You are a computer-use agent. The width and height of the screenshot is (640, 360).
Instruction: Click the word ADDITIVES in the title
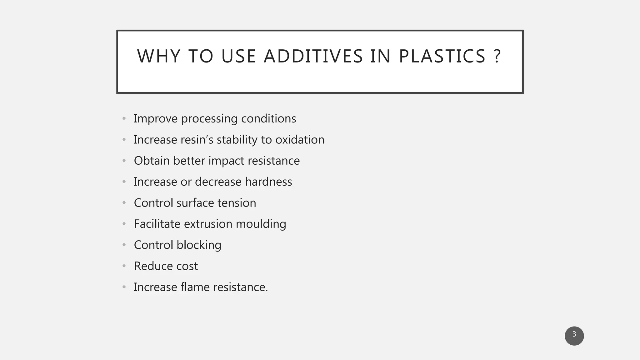pyautogui.click(x=313, y=56)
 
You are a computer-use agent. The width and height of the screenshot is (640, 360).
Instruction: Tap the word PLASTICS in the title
pyautogui.click(x=442, y=56)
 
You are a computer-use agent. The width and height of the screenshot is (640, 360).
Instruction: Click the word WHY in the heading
pyautogui.click(x=159, y=56)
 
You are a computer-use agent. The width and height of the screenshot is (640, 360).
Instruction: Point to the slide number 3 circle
pyautogui.click(x=574, y=336)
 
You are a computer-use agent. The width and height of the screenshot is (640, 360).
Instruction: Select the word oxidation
pyautogui.click(x=300, y=140)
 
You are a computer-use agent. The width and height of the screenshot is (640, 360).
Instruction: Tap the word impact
pyautogui.click(x=226, y=161)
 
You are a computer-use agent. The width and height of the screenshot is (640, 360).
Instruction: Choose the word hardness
pyautogui.click(x=268, y=182)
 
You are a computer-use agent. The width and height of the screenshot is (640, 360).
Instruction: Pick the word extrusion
pyautogui.click(x=208, y=224)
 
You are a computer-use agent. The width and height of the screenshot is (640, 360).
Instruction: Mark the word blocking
pyautogui.click(x=199, y=245)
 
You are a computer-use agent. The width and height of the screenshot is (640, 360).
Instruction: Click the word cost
pyautogui.click(x=187, y=266)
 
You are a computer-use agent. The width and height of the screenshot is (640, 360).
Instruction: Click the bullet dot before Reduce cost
pyautogui.click(x=124, y=266)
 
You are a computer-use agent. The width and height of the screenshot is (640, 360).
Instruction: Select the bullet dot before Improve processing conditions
pyautogui.click(x=124, y=118)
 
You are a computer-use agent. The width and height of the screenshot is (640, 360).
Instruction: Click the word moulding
pyautogui.click(x=261, y=224)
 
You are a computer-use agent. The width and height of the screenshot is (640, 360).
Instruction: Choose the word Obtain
pyautogui.click(x=152, y=161)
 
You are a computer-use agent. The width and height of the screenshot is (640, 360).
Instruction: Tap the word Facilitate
pyautogui.click(x=157, y=224)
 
